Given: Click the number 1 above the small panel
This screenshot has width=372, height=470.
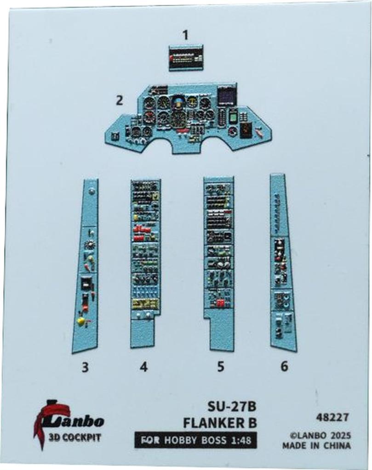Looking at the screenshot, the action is [x=185, y=35].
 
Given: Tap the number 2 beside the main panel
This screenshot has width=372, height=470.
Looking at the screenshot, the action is [x=120, y=100].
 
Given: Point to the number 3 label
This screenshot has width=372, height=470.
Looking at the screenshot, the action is [x=85, y=367].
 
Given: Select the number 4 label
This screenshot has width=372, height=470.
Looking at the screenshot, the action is [x=144, y=367].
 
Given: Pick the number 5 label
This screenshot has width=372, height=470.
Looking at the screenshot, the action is [x=221, y=367].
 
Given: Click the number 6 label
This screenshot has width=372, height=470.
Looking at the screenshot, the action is [x=284, y=367].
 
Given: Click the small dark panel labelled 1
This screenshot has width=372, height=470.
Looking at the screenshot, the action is [x=186, y=58].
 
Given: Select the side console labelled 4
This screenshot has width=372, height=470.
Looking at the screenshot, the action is [x=145, y=262].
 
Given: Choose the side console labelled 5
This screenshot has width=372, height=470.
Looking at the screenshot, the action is [x=219, y=262].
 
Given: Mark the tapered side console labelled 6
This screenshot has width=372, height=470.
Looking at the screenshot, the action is [x=282, y=262].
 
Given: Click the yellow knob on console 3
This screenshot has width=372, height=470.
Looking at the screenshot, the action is [x=82, y=321].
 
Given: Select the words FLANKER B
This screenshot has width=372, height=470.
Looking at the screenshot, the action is [x=219, y=422].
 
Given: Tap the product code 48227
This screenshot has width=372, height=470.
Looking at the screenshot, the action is [x=332, y=418].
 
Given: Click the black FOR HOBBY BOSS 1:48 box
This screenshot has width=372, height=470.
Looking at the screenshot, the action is [x=195, y=440].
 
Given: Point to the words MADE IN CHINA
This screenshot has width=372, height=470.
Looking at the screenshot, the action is [x=316, y=446].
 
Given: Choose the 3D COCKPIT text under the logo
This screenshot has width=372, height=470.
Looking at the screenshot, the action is [x=74, y=437].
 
